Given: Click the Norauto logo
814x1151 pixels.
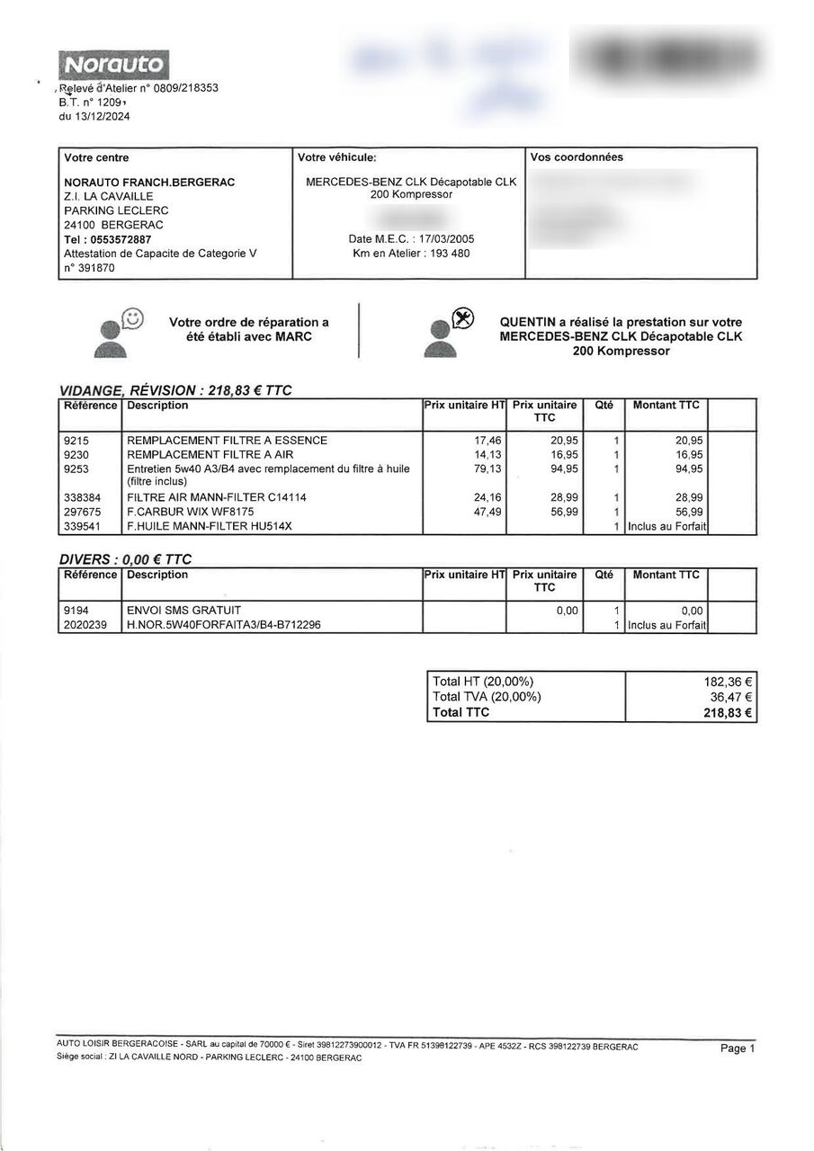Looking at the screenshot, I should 113,64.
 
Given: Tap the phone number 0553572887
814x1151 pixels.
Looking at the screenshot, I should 121,239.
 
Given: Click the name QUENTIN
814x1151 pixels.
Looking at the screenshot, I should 530,322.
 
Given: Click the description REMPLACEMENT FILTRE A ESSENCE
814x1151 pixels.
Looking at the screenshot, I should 228,441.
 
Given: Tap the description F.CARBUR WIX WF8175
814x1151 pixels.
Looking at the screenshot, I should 184,512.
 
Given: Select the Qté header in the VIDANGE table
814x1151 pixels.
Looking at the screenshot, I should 604,406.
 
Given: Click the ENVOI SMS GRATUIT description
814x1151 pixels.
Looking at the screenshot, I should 184,611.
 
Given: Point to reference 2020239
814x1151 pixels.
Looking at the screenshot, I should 86,625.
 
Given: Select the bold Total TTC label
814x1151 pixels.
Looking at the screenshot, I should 461,712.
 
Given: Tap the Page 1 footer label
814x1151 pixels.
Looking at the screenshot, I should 738,1048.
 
